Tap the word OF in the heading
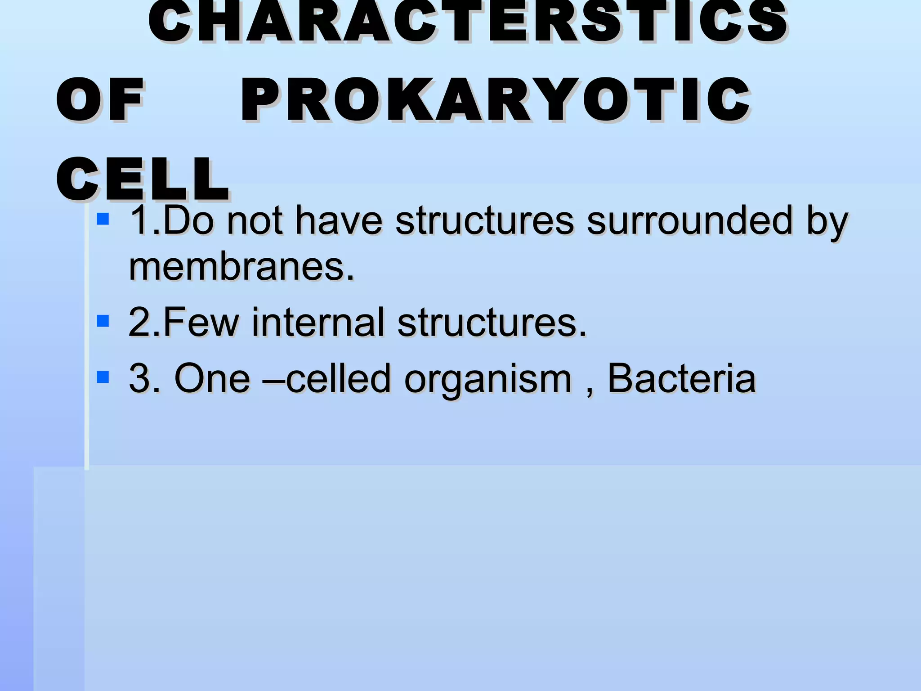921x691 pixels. coord(100,99)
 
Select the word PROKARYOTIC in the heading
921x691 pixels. coord(495,99)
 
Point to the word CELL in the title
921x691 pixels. coord(143,179)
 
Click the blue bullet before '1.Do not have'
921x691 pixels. coord(103,219)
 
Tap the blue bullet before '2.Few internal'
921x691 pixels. coord(103,321)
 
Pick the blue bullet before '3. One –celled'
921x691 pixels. coord(103,377)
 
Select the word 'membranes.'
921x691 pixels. coord(241,267)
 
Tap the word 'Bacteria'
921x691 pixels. coord(681,378)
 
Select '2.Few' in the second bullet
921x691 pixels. coord(183,322)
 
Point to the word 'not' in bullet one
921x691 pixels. coord(255,221)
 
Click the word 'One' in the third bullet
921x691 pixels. coord(212,378)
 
